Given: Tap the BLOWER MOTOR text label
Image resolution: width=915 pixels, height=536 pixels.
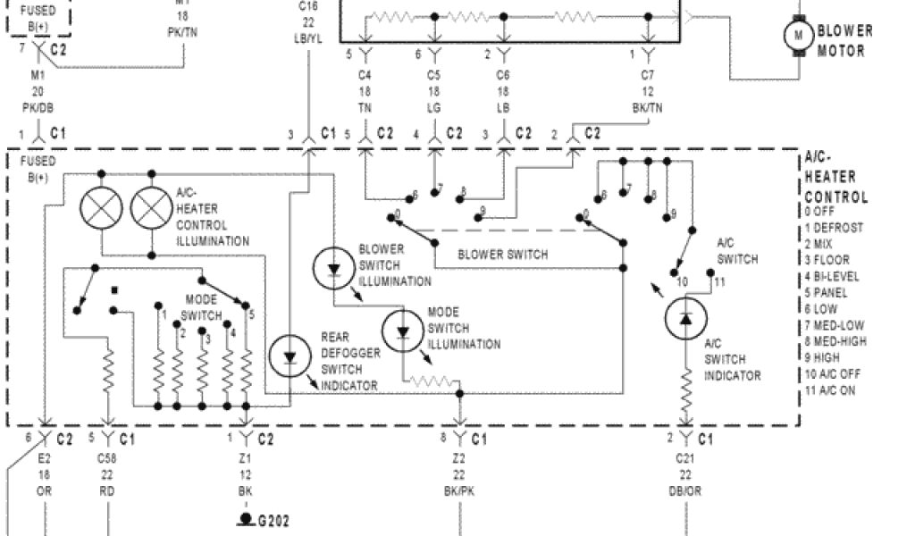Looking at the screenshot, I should pyautogui.click(x=844, y=41).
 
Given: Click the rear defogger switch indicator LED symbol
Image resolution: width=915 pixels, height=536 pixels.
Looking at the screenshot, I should pyautogui.click(x=290, y=357).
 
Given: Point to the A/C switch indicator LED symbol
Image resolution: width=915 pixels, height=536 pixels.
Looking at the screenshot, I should pyautogui.click(x=685, y=319).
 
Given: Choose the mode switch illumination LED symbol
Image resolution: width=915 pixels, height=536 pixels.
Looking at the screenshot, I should pyautogui.click(x=403, y=331).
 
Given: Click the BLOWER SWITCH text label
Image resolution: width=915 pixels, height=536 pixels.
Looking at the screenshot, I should pyautogui.click(x=503, y=255).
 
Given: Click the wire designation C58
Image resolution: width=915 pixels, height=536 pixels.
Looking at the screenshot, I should pyautogui.click(x=108, y=458).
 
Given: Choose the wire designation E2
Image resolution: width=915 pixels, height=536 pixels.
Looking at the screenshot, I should pyautogui.click(x=45, y=458).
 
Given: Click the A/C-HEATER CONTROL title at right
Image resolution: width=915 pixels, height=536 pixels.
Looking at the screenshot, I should pyautogui.click(x=835, y=177).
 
